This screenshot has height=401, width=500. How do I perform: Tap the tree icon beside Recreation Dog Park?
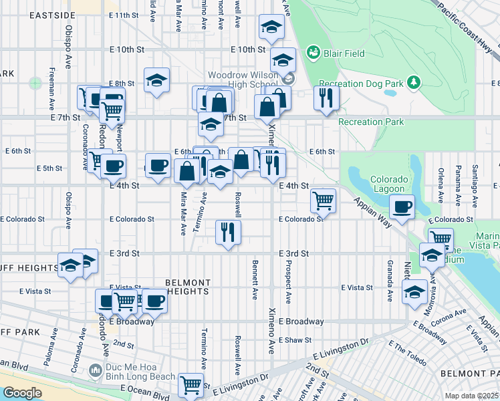[x=414, y=82]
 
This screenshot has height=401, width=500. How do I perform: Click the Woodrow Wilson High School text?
[x=241, y=80]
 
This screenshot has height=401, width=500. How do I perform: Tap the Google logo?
[x=22, y=392]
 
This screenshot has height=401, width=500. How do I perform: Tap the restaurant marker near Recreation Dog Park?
[x=326, y=98]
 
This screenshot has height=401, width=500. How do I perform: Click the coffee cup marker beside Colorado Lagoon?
[x=402, y=207]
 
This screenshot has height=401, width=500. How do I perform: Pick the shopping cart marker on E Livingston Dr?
[x=191, y=384]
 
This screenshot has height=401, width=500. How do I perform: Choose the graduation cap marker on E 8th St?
[x=156, y=80]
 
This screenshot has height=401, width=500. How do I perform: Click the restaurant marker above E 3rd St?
[x=228, y=232]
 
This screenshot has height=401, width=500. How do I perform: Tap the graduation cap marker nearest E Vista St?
[x=415, y=292]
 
